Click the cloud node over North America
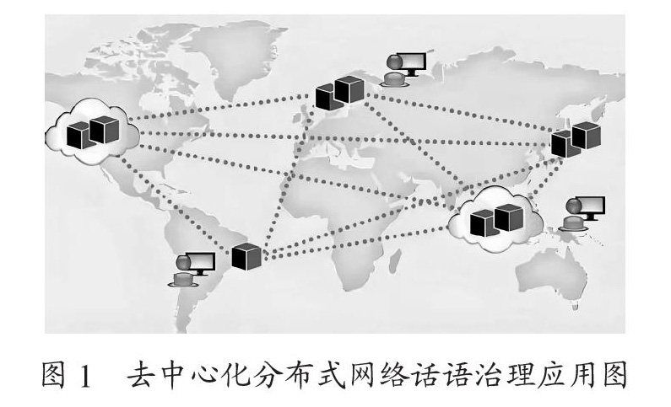click(93, 129)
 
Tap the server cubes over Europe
click(339, 92)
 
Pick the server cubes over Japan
click(576, 138)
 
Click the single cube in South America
click(247, 255)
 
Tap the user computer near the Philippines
click(582, 214)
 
